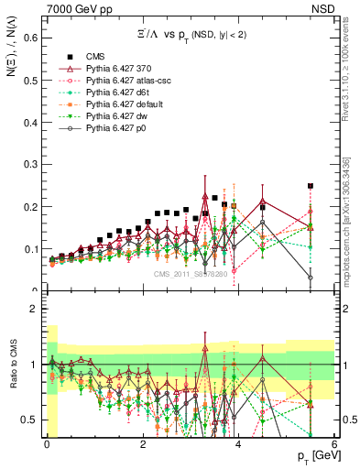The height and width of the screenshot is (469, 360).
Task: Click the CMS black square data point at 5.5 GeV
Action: [310, 186]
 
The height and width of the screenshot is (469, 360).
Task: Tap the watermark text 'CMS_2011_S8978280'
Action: [191, 273]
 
